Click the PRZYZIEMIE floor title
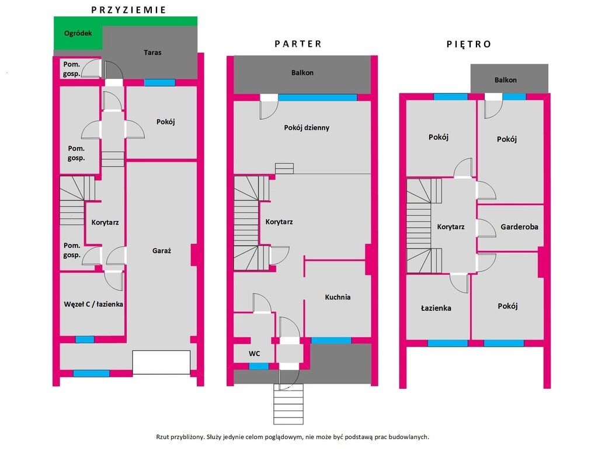point(128,10)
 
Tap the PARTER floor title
point(298,44)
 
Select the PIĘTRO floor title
point(469,44)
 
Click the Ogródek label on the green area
point(78,33)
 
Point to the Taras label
point(152,52)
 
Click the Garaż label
point(162,251)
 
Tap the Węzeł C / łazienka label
point(93,304)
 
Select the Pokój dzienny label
point(307,128)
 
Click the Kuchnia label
point(338,297)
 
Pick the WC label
point(255,354)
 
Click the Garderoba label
point(519,227)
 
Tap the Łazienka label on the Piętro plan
point(436,308)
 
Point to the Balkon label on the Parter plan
point(303,72)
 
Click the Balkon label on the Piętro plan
point(506,80)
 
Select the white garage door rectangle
point(161,362)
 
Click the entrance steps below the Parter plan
point(288,404)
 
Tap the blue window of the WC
point(259,367)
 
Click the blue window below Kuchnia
point(332,340)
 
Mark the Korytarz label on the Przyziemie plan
point(105,222)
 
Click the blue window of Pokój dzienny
point(317,98)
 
